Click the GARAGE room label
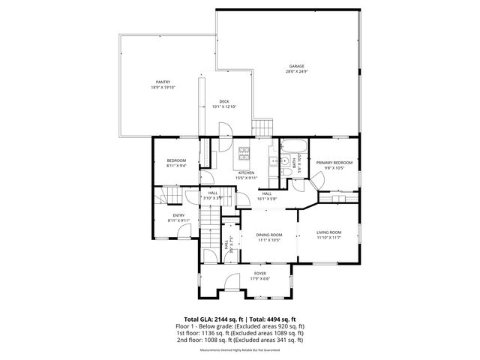[x=296, y=66]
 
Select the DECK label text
[x=224, y=102]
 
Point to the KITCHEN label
[x=247, y=172]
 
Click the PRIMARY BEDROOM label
[x=334, y=163]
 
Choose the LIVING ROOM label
[x=328, y=232]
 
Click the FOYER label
[x=259, y=274]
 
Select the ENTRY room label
[x=178, y=215]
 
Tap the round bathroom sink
[x=285, y=160]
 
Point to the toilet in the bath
[x=286, y=172]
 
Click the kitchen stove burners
[x=245, y=154]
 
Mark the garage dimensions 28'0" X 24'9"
[x=296, y=71]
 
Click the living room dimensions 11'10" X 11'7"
[x=328, y=238]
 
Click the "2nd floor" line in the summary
[x=240, y=340]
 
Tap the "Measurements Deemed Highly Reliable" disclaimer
[x=240, y=350]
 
